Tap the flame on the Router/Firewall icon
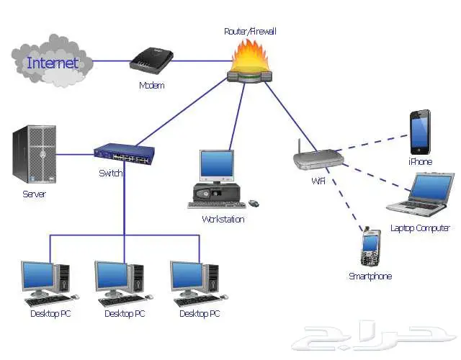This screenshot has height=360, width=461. [251, 55]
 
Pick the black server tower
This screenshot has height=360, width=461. [33, 154]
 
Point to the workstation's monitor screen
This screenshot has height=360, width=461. [217, 165]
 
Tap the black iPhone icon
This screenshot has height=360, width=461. [420, 132]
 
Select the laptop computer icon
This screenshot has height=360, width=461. [421, 194]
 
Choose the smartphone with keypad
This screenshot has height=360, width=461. [370, 248]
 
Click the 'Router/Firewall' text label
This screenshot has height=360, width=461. [250, 31]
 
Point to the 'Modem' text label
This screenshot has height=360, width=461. [151, 86]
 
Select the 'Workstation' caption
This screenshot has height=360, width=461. [223, 219]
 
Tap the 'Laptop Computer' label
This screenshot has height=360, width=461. [420, 228]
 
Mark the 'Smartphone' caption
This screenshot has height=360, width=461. [370, 276]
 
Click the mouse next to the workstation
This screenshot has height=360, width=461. [253, 203]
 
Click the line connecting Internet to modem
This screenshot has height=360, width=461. [112, 60]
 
